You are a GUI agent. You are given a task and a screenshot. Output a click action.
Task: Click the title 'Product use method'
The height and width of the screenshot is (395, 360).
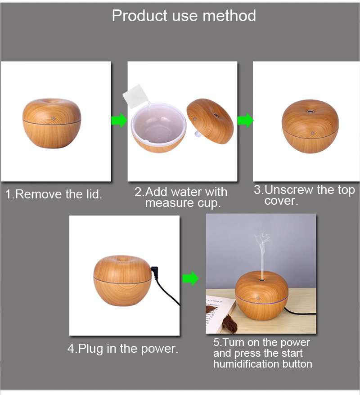pyautogui.click(x=184, y=16)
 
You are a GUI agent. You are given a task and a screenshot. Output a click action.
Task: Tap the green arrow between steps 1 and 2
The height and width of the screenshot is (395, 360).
pyautogui.click(x=119, y=121)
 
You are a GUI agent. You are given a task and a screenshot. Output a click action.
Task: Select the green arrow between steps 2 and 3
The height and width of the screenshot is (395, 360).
pyautogui.click(x=245, y=121)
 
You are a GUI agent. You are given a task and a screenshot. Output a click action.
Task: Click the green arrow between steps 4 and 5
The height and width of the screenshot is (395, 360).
pyautogui.click(x=190, y=278)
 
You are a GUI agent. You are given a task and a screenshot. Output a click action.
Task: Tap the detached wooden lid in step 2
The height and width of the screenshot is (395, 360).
pyautogui.click(x=211, y=121)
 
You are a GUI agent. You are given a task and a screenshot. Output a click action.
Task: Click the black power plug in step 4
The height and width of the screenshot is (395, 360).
pyautogui.click(x=155, y=272)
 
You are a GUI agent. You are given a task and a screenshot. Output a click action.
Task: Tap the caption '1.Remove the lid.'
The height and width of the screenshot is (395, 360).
pyautogui.click(x=54, y=194)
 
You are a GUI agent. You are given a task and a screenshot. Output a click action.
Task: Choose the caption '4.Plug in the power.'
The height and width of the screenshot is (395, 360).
pyautogui.click(x=123, y=349)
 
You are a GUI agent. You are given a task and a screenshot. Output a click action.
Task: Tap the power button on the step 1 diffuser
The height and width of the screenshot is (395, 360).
pyautogui.click(x=53, y=118)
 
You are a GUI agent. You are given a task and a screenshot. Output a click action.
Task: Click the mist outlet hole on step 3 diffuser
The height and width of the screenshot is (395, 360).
pyautogui.click(x=310, y=111)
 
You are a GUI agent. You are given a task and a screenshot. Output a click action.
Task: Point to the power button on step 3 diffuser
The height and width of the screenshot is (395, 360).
pyautogui.click(x=313, y=133)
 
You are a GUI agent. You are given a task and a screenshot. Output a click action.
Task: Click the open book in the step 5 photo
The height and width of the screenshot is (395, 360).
pyautogui.click(x=218, y=314)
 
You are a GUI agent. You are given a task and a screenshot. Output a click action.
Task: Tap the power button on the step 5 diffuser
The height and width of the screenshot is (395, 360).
pyautogui.click(x=258, y=298)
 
